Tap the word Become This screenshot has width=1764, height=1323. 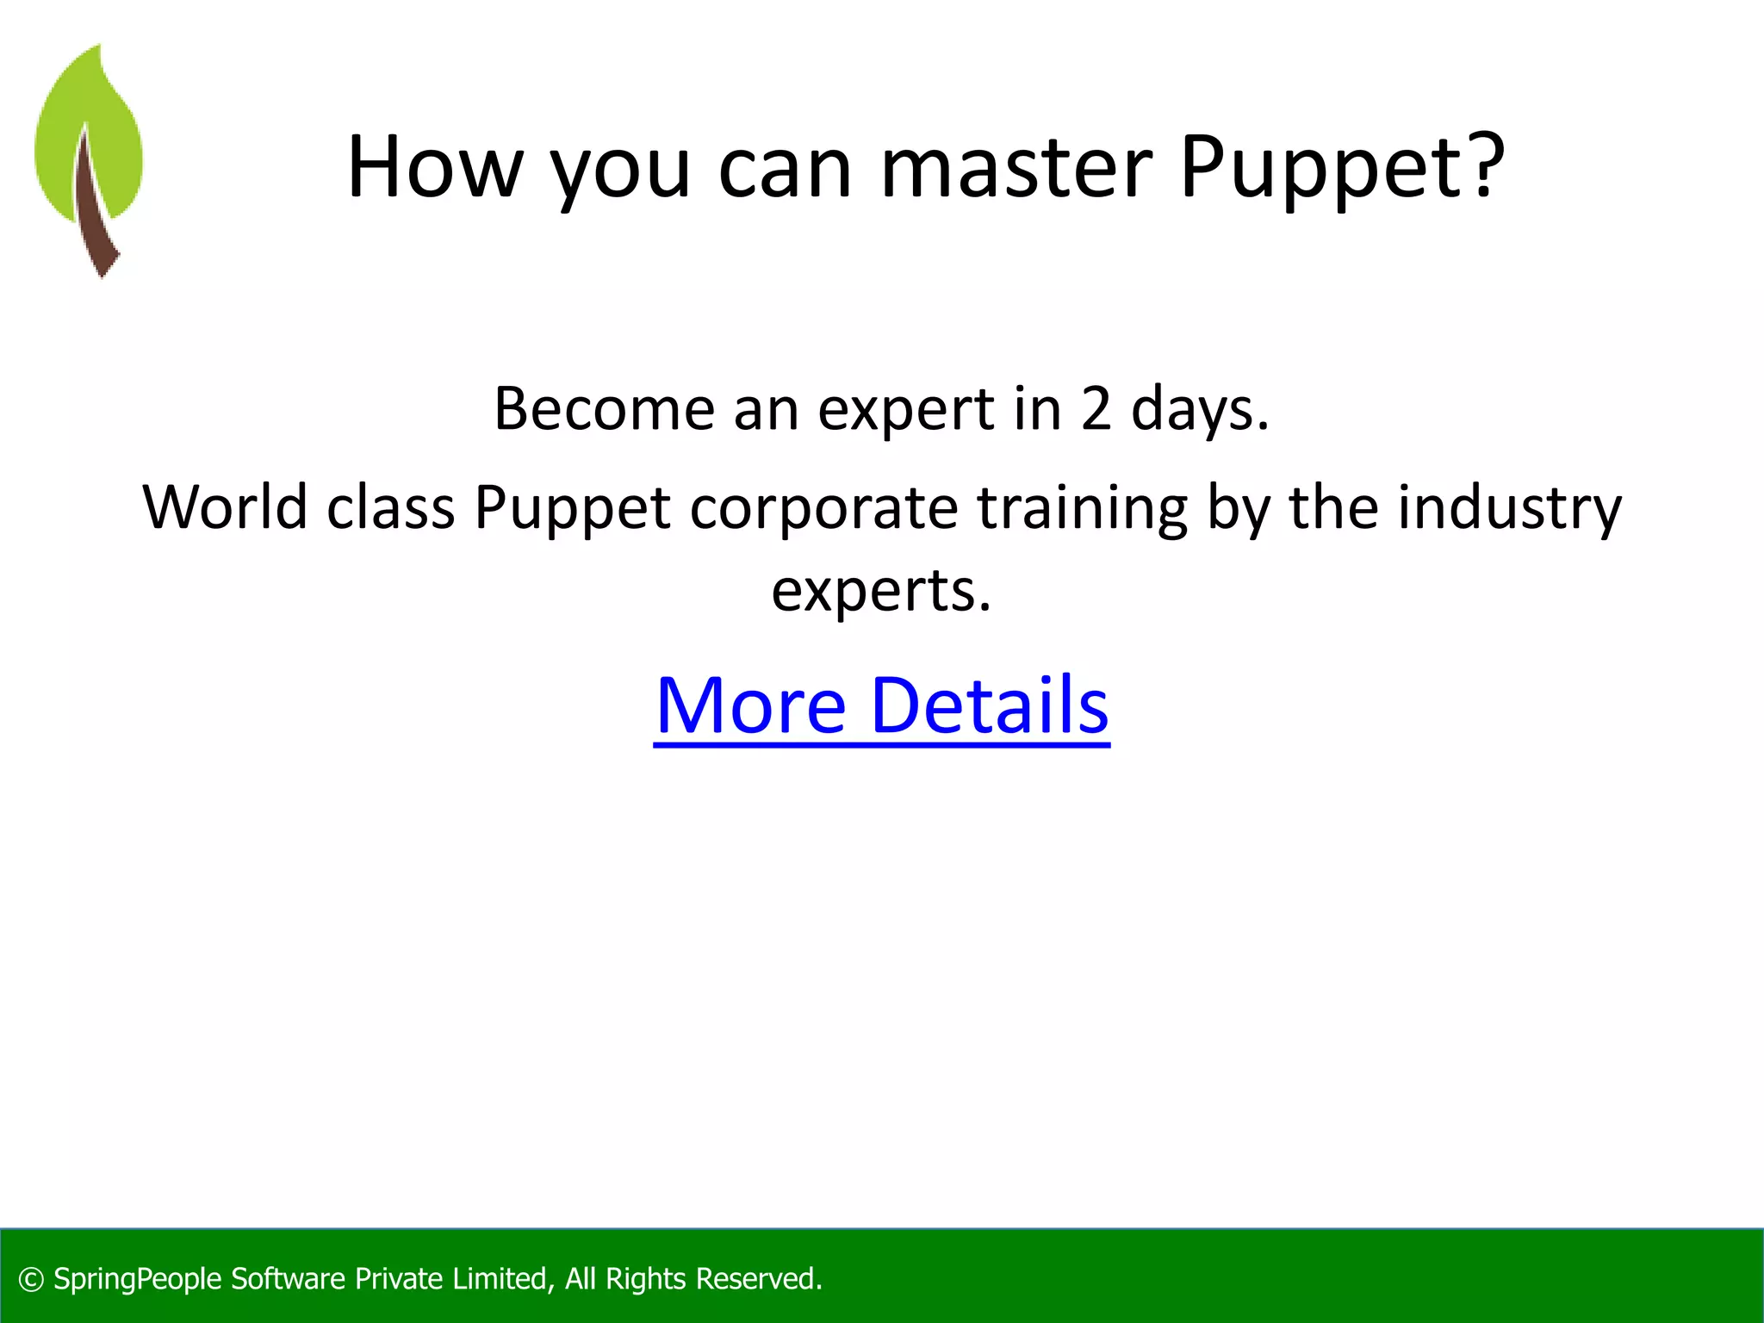(x=604, y=408)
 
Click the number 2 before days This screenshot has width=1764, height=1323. (x=1096, y=408)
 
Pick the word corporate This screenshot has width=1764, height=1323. (x=823, y=508)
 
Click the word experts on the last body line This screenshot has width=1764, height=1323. (x=880, y=592)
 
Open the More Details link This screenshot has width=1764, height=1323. (x=881, y=705)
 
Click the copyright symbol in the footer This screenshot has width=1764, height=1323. (x=31, y=1280)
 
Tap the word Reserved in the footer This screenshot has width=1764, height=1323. (x=758, y=1279)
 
